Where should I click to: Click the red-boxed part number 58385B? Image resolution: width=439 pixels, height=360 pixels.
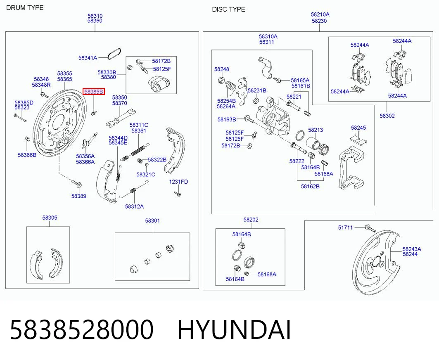click(94, 92)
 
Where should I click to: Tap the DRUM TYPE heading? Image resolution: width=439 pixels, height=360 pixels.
click(25, 8)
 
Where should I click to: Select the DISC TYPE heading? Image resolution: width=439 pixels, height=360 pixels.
click(228, 9)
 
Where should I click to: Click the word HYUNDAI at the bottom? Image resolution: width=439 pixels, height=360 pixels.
click(234, 330)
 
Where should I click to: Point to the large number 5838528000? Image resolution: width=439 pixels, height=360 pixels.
click(82, 330)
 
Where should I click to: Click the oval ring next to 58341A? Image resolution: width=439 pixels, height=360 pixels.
click(114, 54)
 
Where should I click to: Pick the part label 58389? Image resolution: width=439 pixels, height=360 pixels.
click(78, 196)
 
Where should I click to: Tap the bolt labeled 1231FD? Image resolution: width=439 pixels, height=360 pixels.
click(177, 193)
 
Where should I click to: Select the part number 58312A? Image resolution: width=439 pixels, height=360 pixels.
click(134, 206)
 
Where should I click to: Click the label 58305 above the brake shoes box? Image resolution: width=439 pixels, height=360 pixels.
click(50, 218)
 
